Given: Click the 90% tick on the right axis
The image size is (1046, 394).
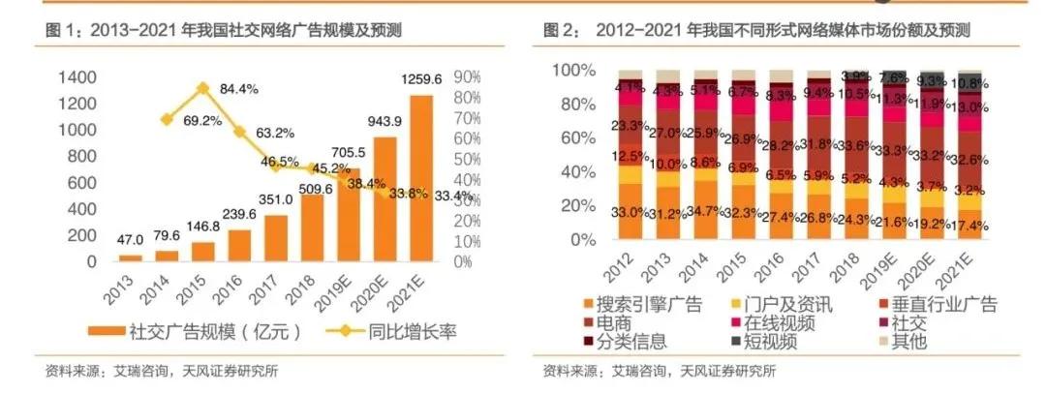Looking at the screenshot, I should coord(469,77).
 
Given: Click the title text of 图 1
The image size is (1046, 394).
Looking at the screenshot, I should coord(224,32).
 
